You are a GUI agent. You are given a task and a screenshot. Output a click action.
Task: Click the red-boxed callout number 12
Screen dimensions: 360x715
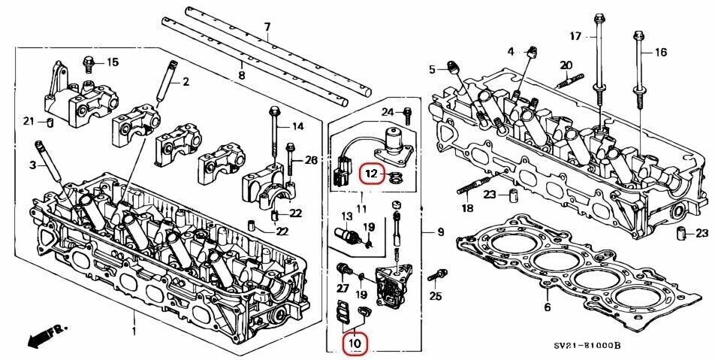point(371,174)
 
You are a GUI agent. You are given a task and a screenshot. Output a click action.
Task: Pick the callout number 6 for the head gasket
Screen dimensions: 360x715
point(547,307)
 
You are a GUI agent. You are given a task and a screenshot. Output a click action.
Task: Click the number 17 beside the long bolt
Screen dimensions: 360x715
point(575,35)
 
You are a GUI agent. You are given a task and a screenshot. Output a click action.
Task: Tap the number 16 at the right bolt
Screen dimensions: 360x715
point(661,52)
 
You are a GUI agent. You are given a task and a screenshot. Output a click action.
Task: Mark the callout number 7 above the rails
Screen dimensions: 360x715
point(266,28)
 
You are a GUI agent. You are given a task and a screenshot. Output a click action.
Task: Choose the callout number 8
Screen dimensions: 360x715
point(242,75)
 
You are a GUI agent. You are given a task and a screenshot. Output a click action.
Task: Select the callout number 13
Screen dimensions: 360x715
point(347,216)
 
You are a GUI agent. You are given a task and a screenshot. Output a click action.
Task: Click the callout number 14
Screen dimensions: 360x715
point(298,126)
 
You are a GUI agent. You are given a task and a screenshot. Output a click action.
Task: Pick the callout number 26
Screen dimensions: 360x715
point(312,160)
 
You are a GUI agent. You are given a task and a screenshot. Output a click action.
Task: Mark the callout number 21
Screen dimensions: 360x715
point(28,122)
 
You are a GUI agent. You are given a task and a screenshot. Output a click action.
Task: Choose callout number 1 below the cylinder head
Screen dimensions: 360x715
point(134,331)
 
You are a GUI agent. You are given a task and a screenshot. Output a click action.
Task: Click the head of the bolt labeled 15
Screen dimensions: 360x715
point(87,60)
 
